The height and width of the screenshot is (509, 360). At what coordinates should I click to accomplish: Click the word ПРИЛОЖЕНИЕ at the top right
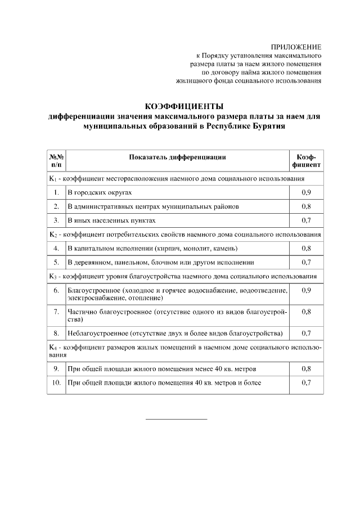(x=296, y=47)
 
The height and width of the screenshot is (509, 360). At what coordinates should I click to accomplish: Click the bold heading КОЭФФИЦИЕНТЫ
(x=184, y=106)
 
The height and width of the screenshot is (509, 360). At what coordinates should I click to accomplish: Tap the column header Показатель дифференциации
(x=177, y=157)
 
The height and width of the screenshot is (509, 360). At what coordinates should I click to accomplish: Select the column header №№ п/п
(x=56, y=161)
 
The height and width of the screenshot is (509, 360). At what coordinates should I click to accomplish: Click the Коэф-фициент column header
(x=306, y=161)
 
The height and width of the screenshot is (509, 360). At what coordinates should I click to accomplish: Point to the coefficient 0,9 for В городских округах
(x=306, y=193)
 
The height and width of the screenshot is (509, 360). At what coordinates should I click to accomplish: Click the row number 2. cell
(x=56, y=206)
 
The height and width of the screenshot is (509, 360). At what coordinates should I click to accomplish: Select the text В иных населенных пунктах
(x=111, y=220)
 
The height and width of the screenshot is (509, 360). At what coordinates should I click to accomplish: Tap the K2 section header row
(x=184, y=234)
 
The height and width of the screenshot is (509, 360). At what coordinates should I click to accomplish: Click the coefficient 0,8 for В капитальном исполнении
(x=306, y=248)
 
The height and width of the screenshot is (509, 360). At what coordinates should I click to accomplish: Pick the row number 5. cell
(x=56, y=262)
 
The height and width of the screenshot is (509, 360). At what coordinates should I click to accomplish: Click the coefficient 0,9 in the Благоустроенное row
(x=306, y=290)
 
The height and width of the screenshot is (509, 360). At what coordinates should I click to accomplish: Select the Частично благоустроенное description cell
(x=177, y=315)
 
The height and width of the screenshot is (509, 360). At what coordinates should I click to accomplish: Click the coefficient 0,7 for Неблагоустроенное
(x=306, y=334)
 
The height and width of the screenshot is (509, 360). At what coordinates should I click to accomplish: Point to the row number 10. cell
(x=56, y=383)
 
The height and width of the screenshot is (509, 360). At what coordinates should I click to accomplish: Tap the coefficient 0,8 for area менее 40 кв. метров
(x=306, y=369)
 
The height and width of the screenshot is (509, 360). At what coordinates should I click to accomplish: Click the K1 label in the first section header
(x=52, y=179)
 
